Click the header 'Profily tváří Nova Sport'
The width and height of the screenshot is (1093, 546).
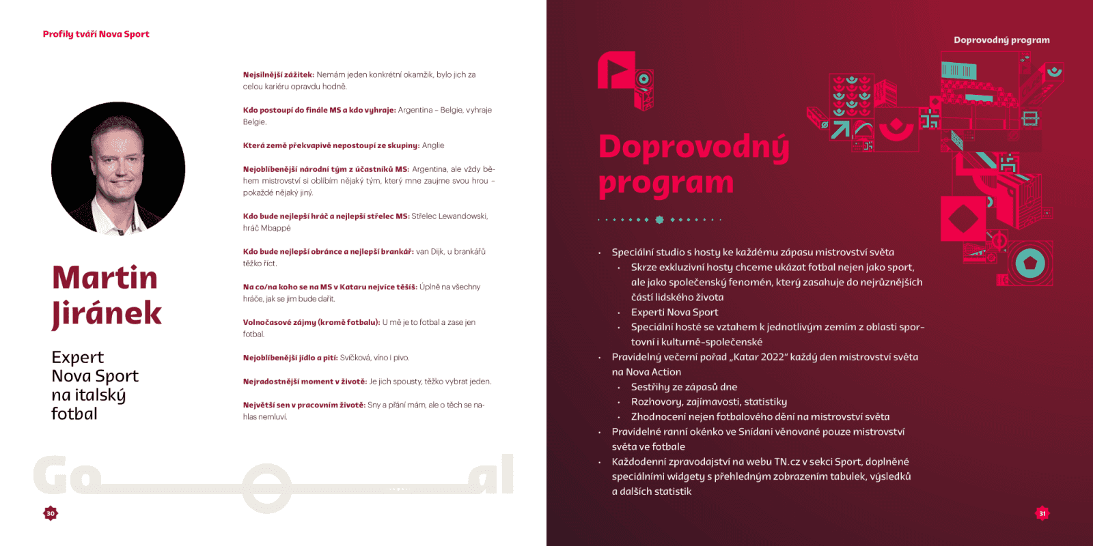tap(96, 34)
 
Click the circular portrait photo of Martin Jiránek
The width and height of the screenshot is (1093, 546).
tap(118, 169)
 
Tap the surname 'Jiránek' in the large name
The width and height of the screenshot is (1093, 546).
tap(107, 313)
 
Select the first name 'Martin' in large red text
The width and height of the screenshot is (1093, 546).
tap(105, 278)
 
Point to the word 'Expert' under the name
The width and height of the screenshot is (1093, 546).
tap(77, 358)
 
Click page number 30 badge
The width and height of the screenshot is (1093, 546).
tap(51, 513)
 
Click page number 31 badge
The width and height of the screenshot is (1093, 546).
tap(1042, 513)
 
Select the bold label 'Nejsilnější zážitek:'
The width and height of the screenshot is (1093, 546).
tap(278, 75)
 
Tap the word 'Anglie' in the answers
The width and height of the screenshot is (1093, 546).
tap(433, 145)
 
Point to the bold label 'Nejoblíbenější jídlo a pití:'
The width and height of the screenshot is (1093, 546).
tap(290, 358)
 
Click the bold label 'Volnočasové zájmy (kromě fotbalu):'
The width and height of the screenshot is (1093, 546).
tap(311, 322)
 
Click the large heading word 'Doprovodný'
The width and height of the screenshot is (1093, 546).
tap(693, 147)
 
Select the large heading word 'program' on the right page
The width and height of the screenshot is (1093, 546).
tap(665, 184)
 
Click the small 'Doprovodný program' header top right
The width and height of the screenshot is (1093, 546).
tap(1001, 40)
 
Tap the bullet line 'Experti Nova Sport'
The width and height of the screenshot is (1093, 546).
tap(674, 313)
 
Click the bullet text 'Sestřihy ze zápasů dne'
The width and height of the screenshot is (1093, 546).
tap(684, 387)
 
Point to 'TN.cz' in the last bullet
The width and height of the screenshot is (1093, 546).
tap(786, 462)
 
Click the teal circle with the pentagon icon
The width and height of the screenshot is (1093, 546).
tap(1030, 263)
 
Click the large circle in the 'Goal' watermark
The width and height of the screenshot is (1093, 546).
tap(258, 488)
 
